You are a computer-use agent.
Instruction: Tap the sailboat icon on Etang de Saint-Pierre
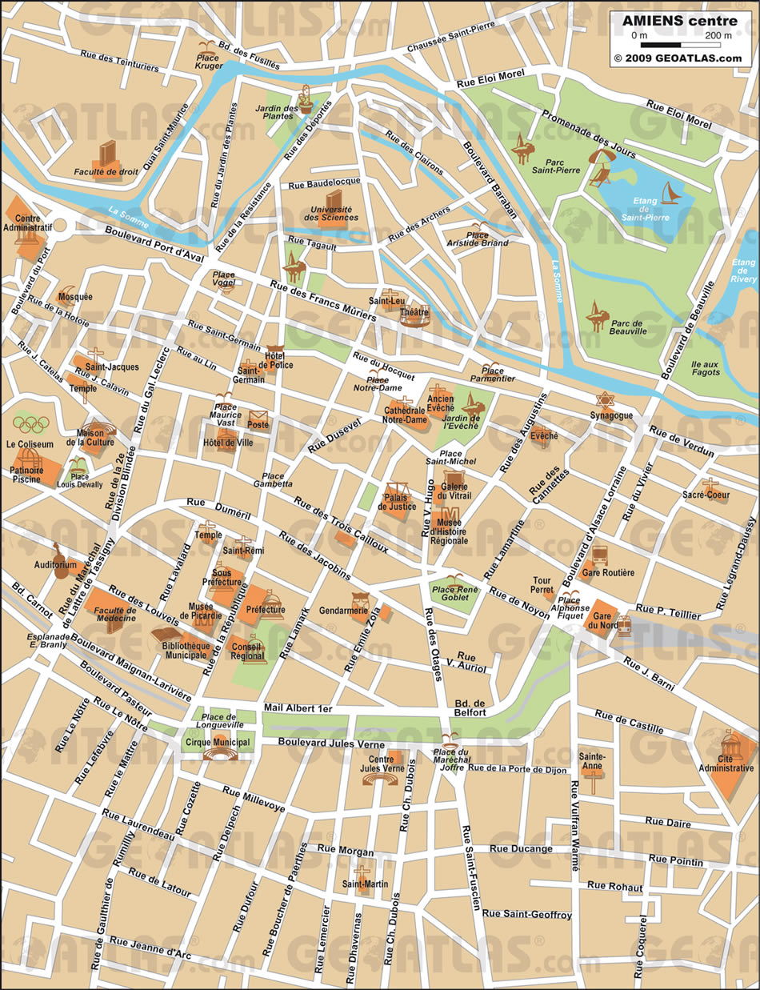tap(670, 193)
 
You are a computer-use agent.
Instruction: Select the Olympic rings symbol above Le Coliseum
tap(30, 424)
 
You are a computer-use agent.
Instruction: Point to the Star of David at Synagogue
tap(605, 399)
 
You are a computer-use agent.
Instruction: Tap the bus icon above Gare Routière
tap(600, 555)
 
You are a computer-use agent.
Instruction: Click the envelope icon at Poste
tap(258, 418)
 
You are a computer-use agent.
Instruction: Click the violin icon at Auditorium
tap(58, 552)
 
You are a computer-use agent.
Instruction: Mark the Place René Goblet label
tap(455, 593)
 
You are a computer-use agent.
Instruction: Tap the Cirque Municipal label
tap(218, 742)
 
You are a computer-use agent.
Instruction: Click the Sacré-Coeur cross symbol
tap(710, 485)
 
